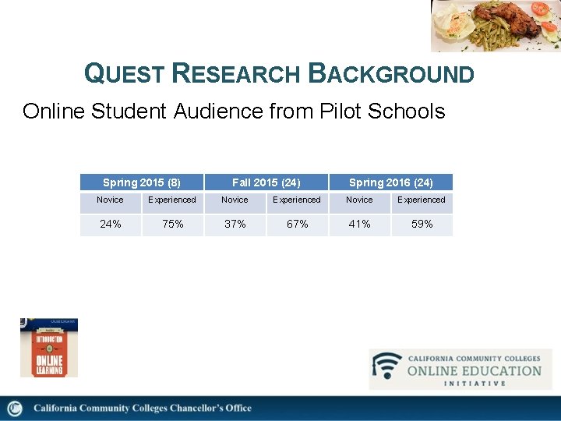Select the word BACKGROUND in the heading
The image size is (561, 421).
point(391,73)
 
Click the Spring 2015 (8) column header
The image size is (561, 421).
point(142,182)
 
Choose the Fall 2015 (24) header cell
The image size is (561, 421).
point(266,182)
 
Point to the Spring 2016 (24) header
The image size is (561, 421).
point(390,182)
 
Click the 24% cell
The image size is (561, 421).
point(111,224)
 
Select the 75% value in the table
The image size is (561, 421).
point(172,224)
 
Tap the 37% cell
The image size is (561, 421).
point(235,224)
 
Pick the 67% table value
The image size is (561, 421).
point(297,224)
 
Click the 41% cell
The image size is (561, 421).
point(359,224)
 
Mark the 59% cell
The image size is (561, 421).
point(422,224)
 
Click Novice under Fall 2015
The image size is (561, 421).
point(235,200)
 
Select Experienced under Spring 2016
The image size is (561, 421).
point(422,200)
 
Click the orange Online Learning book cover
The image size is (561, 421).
point(48,348)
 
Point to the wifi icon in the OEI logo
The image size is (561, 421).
point(386,366)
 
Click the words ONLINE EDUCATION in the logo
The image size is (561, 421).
point(474,370)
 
